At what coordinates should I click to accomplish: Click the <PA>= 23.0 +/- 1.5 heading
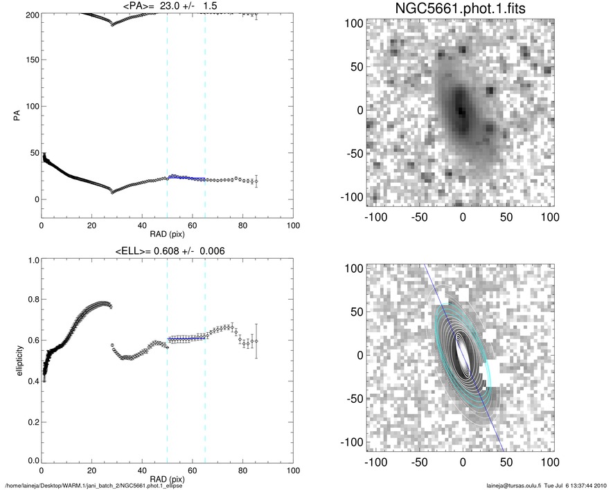[167, 6]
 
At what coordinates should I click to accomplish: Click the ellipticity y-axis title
[15, 360]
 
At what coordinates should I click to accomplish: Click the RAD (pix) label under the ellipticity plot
[167, 478]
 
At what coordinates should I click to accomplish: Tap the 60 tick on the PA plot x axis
[192, 226]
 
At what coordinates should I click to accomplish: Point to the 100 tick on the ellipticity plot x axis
[293, 470]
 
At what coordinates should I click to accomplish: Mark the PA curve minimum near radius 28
[112, 192]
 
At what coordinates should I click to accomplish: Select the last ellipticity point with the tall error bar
[256, 341]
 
